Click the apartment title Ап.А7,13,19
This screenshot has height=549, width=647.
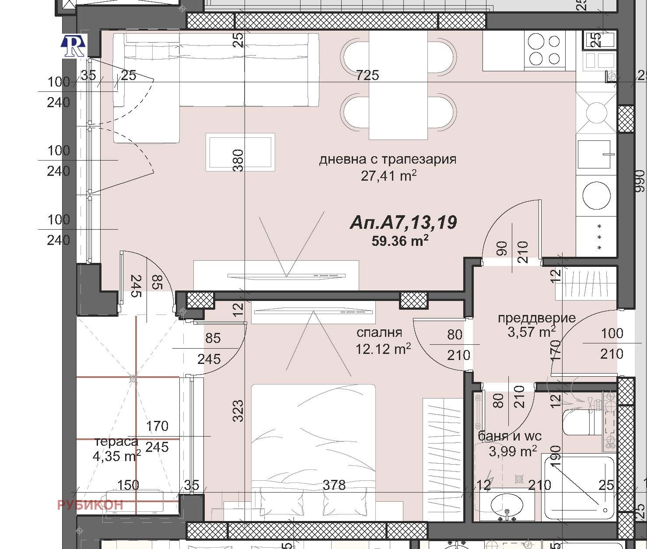coord(403,223)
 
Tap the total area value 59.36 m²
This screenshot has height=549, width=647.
coord(399,241)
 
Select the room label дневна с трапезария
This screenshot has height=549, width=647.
coord(388,159)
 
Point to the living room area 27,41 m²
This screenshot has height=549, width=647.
coord(388,176)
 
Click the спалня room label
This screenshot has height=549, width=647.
coord(379,332)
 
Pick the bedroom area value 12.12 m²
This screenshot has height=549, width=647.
coord(383,349)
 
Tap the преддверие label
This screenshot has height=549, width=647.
coord(536,318)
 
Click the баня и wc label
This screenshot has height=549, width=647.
coord(510,436)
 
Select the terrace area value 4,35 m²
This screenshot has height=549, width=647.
coord(116,456)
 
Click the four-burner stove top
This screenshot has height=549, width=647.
coord(544,50)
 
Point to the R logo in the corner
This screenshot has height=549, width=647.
coord(73,46)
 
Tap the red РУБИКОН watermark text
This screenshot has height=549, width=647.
coord(90,505)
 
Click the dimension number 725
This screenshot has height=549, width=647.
coord(367,75)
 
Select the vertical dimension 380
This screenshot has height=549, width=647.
coord(238,160)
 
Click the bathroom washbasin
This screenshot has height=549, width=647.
coord(507,505)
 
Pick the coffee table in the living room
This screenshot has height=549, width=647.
coord(240,152)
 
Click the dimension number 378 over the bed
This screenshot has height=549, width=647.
coord(334,485)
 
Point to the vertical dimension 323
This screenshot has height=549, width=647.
coord(238,410)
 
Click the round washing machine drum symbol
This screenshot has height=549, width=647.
coord(596,195)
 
